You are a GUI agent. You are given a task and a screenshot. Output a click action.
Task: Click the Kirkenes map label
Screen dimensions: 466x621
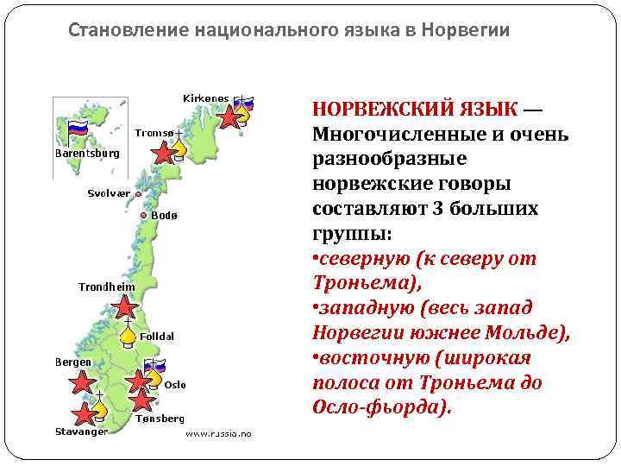point(206,98)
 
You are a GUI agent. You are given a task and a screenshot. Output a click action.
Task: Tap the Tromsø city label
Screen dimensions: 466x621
point(155,132)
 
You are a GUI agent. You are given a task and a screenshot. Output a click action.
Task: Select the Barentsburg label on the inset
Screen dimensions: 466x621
point(87,153)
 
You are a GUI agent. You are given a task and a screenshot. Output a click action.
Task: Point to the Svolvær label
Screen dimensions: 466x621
point(110,193)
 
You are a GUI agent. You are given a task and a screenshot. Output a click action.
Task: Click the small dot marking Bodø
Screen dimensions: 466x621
point(144,215)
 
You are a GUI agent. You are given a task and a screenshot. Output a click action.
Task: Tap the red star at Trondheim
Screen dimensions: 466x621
point(126,306)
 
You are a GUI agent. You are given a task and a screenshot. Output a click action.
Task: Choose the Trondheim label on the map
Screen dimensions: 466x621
point(107,286)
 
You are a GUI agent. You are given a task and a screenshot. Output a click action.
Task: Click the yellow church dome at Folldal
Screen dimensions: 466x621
point(128,334)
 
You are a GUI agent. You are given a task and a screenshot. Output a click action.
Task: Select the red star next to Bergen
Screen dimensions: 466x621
point(82,382)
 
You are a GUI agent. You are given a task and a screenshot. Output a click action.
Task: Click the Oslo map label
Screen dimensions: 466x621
point(175,384)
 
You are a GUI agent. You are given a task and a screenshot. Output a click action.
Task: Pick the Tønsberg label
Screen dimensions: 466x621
point(160,418)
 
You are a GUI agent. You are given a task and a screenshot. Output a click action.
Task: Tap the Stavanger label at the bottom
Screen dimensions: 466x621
point(81,431)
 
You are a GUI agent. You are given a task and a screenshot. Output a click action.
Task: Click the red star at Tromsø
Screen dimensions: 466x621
point(161,154)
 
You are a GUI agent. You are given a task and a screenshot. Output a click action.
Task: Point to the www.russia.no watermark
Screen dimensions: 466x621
point(219,434)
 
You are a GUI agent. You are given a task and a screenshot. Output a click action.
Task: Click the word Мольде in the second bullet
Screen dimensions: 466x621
point(524,332)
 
